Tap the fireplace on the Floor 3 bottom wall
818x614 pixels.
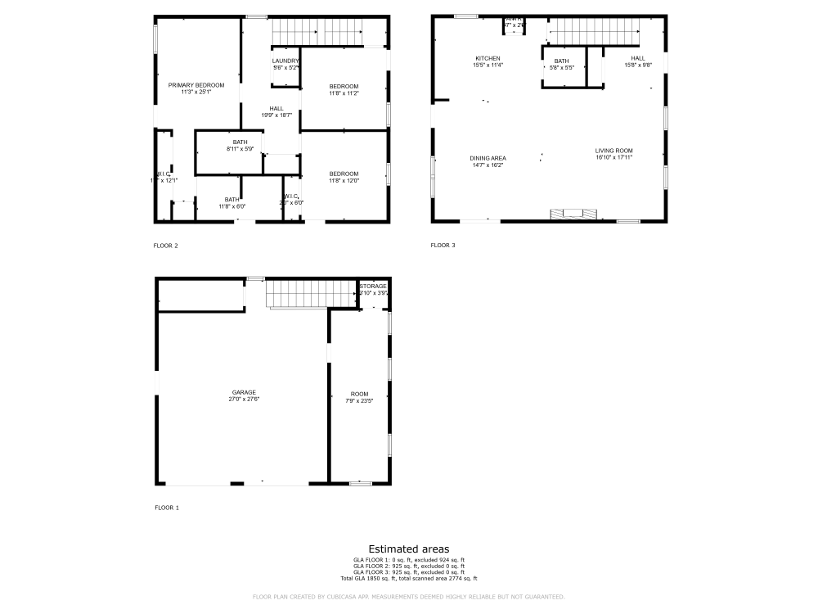click(x=573, y=214)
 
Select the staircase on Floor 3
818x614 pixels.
click(x=594, y=31)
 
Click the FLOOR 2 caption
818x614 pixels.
click(x=165, y=246)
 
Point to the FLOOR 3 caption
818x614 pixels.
click(x=443, y=246)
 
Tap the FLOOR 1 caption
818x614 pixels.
click(x=167, y=508)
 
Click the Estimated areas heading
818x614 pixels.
click(x=408, y=549)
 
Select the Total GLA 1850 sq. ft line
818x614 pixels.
click(x=408, y=579)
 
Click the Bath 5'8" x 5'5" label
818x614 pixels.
click(x=561, y=64)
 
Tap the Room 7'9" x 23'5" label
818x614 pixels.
click(x=360, y=397)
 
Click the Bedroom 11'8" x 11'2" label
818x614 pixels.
click(x=344, y=90)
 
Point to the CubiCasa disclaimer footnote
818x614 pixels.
click(x=408, y=597)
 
